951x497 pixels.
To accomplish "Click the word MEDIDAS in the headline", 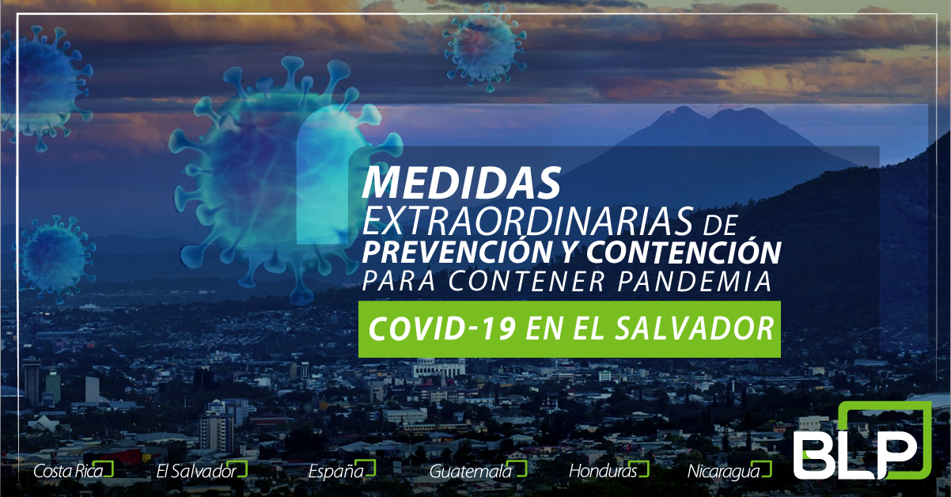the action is click(x=461, y=182).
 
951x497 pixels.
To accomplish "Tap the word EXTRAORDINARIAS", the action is click(x=529, y=222).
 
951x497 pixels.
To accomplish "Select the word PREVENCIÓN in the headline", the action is click(x=457, y=252).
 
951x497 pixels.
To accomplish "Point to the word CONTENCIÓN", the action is click(x=684, y=252).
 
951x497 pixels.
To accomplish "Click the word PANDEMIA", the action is click(x=694, y=281).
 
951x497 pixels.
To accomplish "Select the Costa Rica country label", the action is click(x=68, y=471).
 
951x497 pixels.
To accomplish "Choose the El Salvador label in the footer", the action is click(x=196, y=471).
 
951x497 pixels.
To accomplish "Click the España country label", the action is click(x=335, y=472).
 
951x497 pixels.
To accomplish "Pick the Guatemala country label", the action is click(x=471, y=471).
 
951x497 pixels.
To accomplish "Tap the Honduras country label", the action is click(x=604, y=471).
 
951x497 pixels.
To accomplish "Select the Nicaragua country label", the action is click(x=724, y=472).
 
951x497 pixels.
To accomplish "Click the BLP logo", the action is click(x=862, y=442).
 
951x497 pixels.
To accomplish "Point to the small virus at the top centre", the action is click(x=485, y=47).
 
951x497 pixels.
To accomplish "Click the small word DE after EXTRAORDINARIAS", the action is click(x=720, y=226).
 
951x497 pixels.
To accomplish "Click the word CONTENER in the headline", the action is click(x=526, y=281).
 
